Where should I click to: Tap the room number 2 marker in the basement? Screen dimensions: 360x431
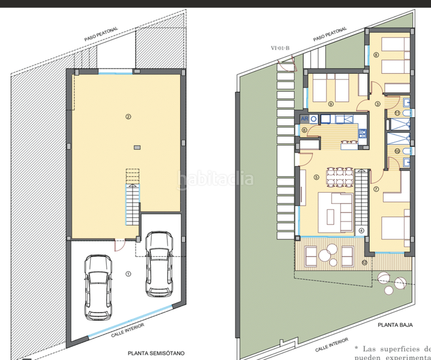[x=127, y=116]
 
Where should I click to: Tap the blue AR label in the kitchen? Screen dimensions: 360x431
[x=304, y=118]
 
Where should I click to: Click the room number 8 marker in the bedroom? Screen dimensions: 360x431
[x=376, y=55]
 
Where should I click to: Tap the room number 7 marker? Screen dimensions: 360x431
[x=376, y=190]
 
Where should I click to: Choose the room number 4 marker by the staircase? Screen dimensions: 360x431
[x=361, y=230]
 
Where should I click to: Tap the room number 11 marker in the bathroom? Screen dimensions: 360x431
[x=397, y=113]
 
